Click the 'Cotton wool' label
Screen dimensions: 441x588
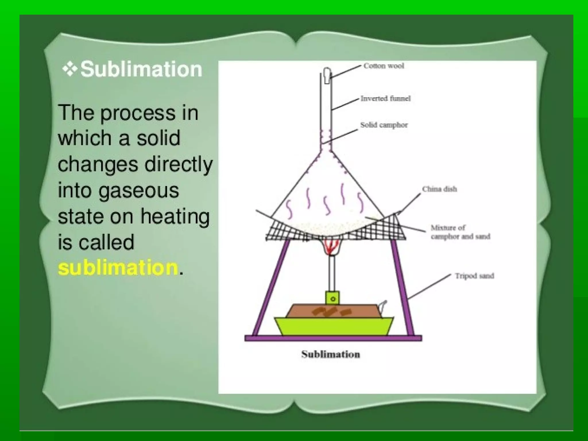click(x=384, y=66)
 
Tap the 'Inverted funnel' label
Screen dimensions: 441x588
click(x=386, y=98)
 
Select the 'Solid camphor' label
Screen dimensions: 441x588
click(x=384, y=125)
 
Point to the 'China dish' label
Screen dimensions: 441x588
click(x=439, y=189)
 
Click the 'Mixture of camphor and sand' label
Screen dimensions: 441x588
click(x=460, y=232)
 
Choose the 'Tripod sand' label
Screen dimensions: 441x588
click(x=474, y=276)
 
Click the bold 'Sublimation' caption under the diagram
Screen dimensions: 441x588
click(x=330, y=354)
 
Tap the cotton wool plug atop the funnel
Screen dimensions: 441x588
click(x=327, y=75)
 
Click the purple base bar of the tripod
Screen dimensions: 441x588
click(x=333, y=338)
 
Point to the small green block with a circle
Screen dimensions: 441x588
click(x=332, y=298)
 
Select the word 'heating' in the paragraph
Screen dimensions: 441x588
click(x=175, y=216)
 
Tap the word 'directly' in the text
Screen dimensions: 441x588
click(x=178, y=165)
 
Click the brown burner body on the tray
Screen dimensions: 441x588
click(x=333, y=311)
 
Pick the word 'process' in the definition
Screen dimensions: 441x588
click(x=138, y=113)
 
